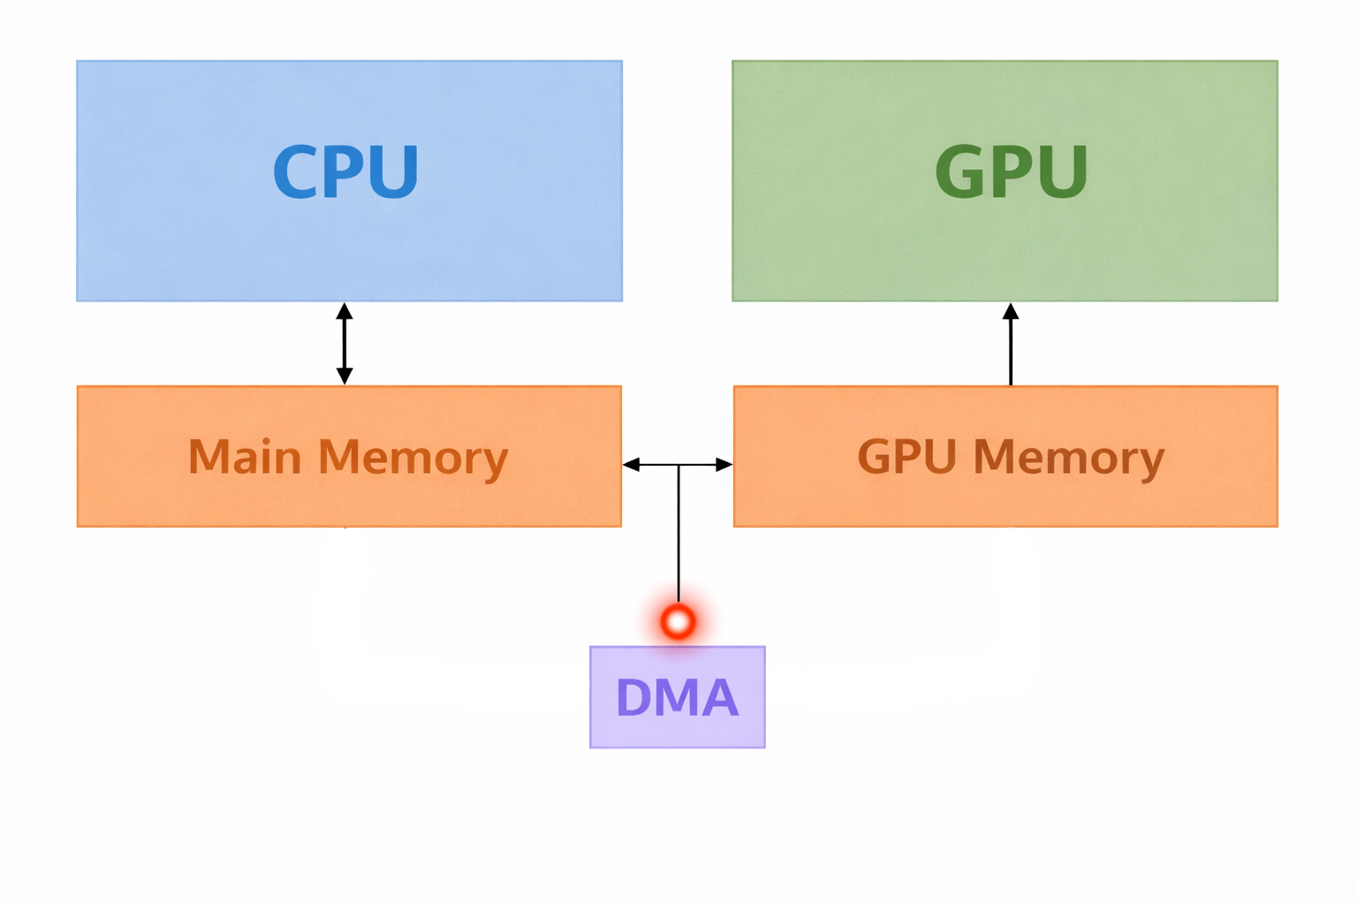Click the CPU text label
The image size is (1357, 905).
(x=345, y=171)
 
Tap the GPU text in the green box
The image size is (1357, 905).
(x=1011, y=171)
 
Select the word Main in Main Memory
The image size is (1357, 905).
(x=245, y=458)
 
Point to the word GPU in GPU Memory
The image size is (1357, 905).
(x=907, y=457)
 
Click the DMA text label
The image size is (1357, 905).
(x=677, y=697)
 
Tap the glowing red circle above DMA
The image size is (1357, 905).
(x=678, y=622)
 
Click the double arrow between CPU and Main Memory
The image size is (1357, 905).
(x=345, y=344)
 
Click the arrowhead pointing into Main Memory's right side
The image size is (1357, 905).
(x=631, y=464)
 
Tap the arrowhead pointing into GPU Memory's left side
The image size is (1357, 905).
(x=724, y=464)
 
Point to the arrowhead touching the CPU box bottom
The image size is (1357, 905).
(x=345, y=311)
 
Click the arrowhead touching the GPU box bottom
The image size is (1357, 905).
(x=1011, y=311)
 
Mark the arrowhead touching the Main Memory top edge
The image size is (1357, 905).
(x=345, y=376)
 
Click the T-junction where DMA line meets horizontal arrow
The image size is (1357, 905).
(x=678, y=464)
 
